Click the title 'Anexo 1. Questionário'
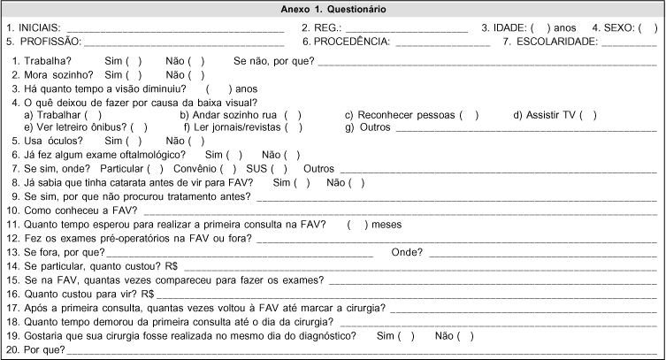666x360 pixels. (x=333, y=9)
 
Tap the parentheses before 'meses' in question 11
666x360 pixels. (x=358, y=225)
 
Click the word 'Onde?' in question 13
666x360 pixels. (x=405, y=251)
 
